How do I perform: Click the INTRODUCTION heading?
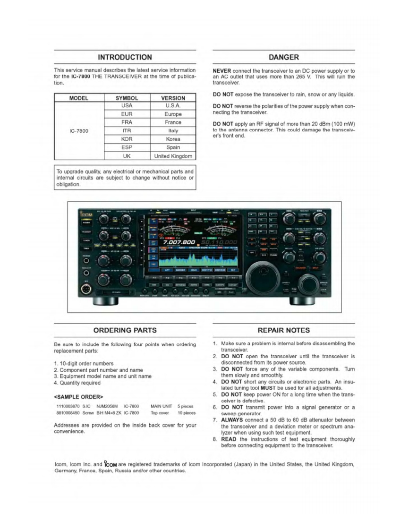[125, 57]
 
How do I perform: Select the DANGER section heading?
[284, 57]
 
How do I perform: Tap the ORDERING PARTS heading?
[125, 330]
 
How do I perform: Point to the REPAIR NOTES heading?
[284, 330]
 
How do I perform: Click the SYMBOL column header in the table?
[126, 98]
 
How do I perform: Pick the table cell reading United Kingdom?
[173, 156]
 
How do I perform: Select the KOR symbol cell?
[126, 139]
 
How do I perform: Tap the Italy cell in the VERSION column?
[173, 131]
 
